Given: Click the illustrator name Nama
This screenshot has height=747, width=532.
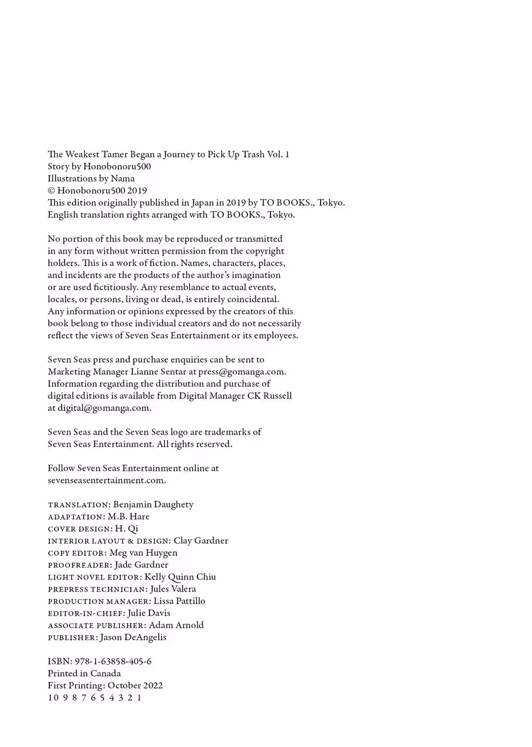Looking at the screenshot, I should tap(123, 178).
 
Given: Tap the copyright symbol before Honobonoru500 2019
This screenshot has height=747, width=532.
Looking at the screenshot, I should tap(51, 191).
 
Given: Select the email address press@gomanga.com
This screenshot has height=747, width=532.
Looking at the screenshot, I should tap(241, 372).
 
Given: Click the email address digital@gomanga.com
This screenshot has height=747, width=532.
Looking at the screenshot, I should tap(104, 408).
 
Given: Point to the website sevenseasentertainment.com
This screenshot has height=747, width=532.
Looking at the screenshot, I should tap(106, 480).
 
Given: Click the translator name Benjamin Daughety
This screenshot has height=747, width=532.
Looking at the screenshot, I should tap(153, 505).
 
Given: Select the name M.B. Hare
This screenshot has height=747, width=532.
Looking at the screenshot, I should tap(129, 516).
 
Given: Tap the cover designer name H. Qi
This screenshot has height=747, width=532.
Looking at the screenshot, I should tap(127, 529).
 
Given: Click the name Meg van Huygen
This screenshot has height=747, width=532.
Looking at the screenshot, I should tap(143, 553).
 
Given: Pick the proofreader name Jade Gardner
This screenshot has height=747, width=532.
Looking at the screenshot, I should tap(141, 565).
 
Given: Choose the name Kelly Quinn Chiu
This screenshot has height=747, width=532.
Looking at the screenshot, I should tap(180, 577).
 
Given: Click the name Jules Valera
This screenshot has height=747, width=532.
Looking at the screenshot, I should tap(173, 589).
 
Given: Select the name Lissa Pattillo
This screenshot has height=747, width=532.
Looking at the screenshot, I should tap(179, 601).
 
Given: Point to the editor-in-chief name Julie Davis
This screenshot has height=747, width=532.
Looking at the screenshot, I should tap(149, 613).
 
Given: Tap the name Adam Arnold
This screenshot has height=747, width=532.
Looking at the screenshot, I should tap(176, 625).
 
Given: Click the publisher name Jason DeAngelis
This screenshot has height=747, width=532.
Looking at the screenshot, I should tap(133, 637).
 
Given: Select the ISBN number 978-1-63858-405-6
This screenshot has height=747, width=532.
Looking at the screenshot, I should tap(113, 661).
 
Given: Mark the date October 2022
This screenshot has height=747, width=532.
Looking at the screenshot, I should tap(135, 685).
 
